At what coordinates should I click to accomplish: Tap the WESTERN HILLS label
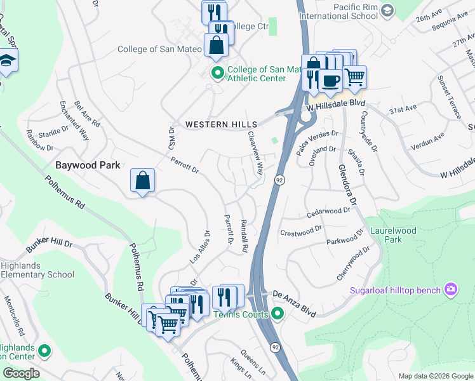pyautogui.click(x=221, y=124)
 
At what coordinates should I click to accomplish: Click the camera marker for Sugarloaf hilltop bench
pyautogui.click(x=451, y=290)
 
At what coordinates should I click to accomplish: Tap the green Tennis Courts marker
pyautogui.click(x=278, y=313)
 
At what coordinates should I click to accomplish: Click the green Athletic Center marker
pyautogui.click(x=217, y=74)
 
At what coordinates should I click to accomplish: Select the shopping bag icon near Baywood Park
pyautogui.click(x=143, y=180)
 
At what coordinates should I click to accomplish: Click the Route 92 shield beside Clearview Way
pyautogui.click(x=279, y=181)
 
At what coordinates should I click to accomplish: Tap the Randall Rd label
pyautogui.click(x=243, y=236)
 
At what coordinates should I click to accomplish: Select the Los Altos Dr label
pyautogui.click(x=199, y=247)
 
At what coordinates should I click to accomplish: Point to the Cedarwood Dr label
pyautogui.click(x=329, y=213)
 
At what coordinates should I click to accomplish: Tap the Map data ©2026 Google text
pyautogui.click(x=435, y=376)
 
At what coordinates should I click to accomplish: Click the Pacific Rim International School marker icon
pyautogui.click(x=386, y=10)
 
